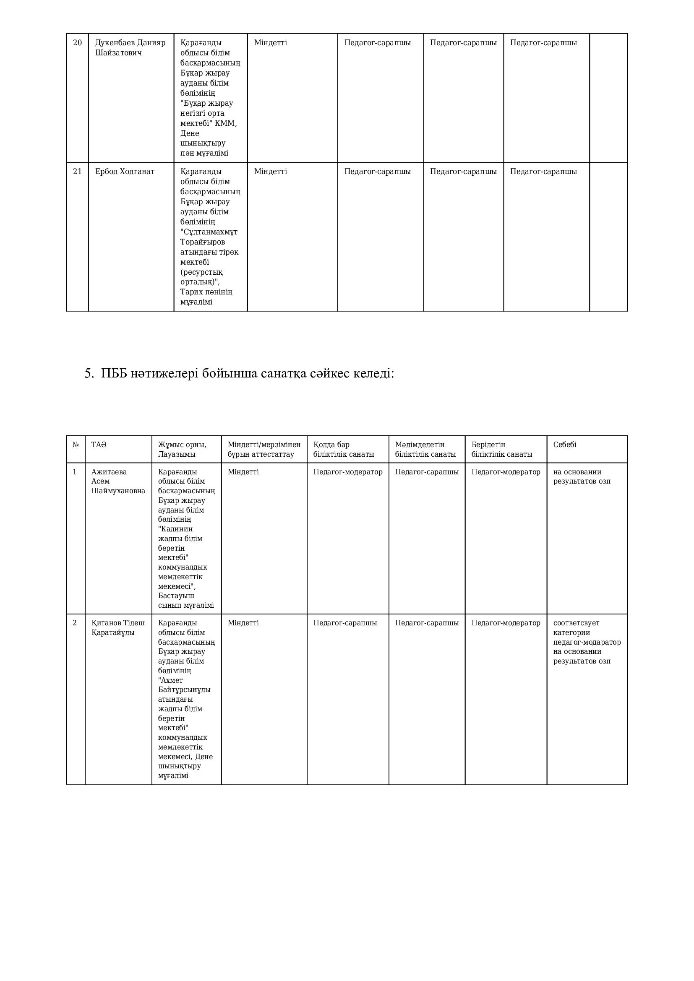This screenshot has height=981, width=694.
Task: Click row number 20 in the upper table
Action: [77, 43]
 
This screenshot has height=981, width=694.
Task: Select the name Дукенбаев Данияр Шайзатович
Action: [130, 48]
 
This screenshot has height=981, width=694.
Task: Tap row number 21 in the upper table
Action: [77, 172]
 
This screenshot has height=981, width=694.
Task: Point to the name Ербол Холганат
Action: [125, 172]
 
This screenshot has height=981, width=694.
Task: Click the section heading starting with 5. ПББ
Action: [239, 373]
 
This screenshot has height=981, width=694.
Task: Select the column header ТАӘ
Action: [99, 445]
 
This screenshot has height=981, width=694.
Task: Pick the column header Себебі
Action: [564, 445]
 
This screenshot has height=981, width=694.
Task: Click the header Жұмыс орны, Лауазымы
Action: [182, 450]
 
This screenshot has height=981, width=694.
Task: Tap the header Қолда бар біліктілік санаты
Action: [344, 450]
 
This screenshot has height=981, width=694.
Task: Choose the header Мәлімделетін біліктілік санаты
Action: [425, 450]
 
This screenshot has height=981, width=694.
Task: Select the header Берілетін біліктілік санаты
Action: [502, 450]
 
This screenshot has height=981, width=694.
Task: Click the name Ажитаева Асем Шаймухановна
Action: [118, 481]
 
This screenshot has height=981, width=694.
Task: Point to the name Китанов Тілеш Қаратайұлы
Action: [118, 628]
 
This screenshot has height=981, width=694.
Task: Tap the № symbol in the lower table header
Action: [76, 445]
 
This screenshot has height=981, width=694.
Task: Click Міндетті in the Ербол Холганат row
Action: [271, 172]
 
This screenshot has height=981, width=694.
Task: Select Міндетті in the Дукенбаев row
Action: [271, 43]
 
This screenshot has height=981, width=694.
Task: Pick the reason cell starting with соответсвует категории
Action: [587, 642]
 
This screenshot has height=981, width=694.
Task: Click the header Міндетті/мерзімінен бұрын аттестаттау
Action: [264, 450]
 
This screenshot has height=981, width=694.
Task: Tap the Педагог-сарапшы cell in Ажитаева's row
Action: [426, 472]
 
